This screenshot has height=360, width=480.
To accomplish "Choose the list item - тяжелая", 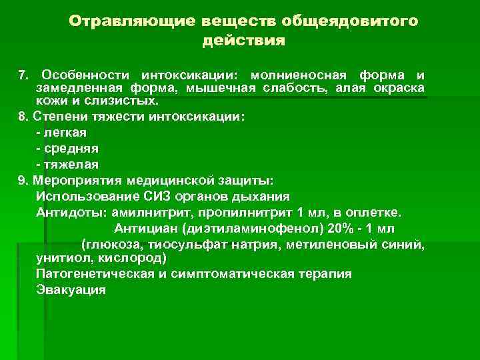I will coord(66,164).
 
